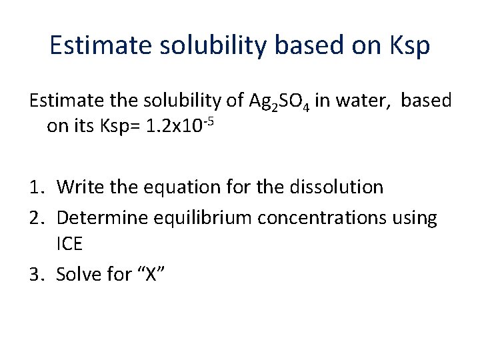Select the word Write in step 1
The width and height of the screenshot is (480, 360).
(x=79, y=187)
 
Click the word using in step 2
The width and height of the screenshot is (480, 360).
(x=414, y=218)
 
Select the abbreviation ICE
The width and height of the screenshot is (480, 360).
(x=69, y=243)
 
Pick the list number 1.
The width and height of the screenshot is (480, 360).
(x=36, y=187)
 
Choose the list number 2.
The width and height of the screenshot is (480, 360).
(x=36, y=217)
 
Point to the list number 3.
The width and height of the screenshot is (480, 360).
(x=36, y=273)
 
